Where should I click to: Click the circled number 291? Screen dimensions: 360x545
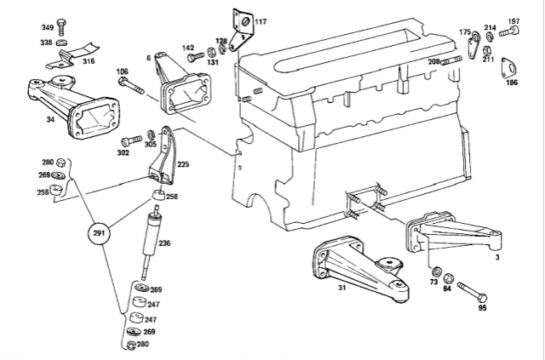[x=100, y=233]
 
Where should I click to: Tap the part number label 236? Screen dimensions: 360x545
[x=164, y=243]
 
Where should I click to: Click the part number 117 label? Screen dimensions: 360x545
[x=260, y=20]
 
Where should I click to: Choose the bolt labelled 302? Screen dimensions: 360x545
[x=132, y=140]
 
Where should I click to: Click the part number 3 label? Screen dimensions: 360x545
[x=520, y=254]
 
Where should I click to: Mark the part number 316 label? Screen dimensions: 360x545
[x=89, y=61]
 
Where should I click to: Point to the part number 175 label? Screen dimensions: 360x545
[x=465, y=32]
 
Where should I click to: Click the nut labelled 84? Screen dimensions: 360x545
[x=450, y=280]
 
